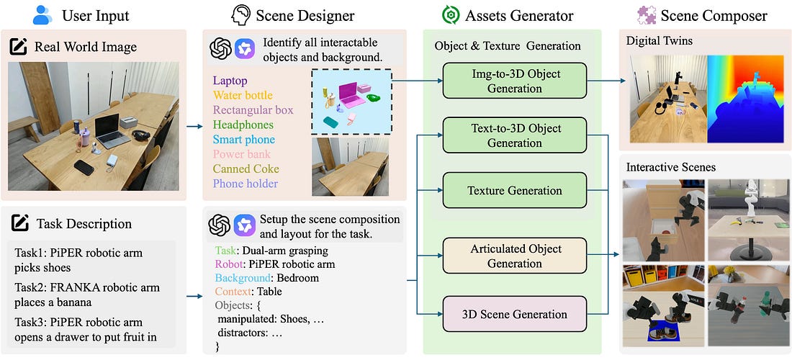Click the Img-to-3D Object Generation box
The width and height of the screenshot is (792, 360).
(x=515, y=81)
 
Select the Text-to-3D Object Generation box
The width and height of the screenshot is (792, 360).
(x=515, y=135)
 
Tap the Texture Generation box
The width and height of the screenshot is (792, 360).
(x=515, y=191)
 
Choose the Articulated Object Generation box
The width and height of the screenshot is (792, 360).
(x=515, y=256)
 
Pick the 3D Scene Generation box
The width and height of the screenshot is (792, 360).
(x=515, y=314)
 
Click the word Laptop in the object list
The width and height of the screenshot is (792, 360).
(x=230, y=81)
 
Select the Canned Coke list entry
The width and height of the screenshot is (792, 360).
(x=246, y=169)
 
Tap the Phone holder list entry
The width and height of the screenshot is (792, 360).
(x=246, y=184)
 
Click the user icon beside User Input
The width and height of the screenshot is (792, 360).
(x=42, y=14)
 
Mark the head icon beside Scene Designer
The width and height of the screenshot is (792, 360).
(x=240, y=14)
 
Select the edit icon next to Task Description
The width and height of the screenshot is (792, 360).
(x=19, y=223)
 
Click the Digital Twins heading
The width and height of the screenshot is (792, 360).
(x=660, y=41)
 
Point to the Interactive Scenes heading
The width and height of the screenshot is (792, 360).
(x=670, y=167)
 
